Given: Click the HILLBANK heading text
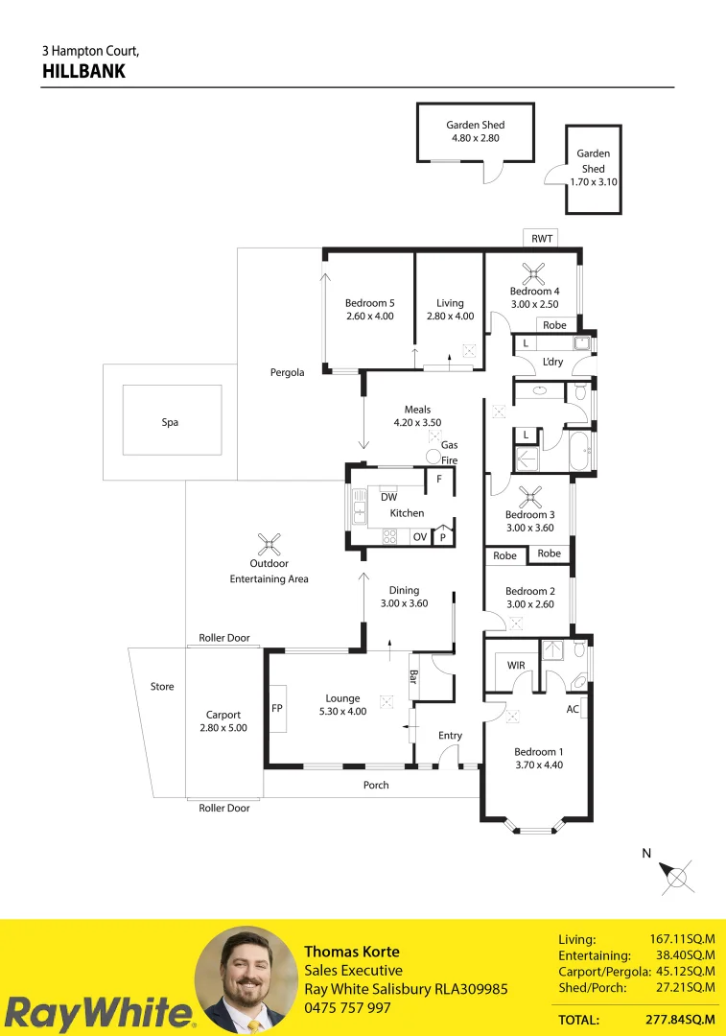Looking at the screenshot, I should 83,71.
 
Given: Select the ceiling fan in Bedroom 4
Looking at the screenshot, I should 533,271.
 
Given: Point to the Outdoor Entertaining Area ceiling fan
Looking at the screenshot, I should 269,545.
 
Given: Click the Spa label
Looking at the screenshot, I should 170,422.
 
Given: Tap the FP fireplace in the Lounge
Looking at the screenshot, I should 277,709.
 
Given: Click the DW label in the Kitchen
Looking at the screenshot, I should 388,497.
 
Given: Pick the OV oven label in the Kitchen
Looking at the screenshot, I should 419,537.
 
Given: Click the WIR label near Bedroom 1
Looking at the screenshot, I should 515,665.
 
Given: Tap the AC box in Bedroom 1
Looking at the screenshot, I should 574,709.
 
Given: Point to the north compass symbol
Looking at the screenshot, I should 678,876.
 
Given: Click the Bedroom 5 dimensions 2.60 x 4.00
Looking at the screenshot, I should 369,316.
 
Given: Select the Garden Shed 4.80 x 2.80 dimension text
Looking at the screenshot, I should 475,138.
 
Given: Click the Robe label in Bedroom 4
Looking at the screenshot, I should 554,325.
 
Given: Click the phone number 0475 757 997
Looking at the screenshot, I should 347,1007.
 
